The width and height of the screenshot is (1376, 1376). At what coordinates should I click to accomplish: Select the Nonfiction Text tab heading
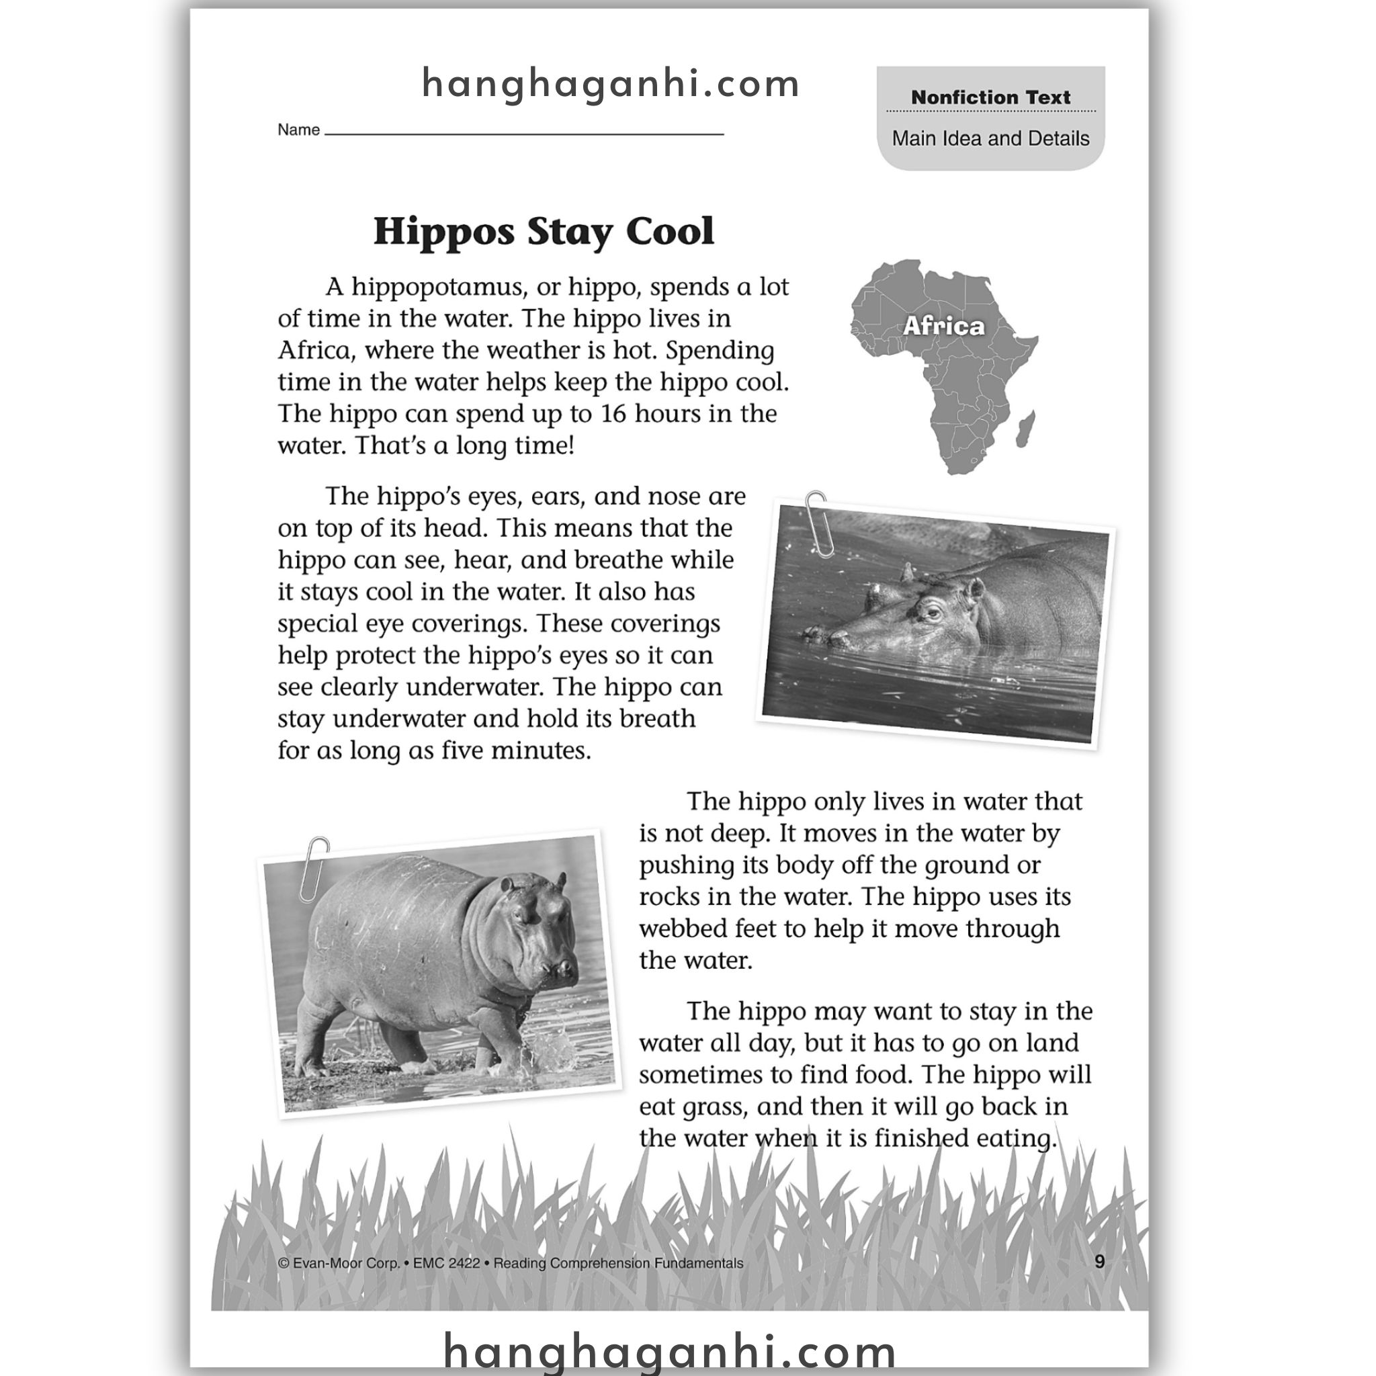pyautogui.click(x=990, y=97)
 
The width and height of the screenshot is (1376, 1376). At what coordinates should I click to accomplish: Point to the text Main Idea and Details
pyautogui.click(x=990, y=138)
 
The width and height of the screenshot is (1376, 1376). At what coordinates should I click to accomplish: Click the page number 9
pyautogui.click(x=1099, y=1262)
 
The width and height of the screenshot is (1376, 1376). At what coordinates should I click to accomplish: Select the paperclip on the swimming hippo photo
pyautogui.click(x=818, y=523)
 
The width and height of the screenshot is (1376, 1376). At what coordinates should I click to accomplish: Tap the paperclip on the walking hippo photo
pyautogui.click(x=314, y=868)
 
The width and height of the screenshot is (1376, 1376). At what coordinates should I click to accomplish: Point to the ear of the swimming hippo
pyautogui.click(x=974, y=589)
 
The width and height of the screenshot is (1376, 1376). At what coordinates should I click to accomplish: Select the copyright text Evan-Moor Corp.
pyautogui.click(x=340, y=1264)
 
